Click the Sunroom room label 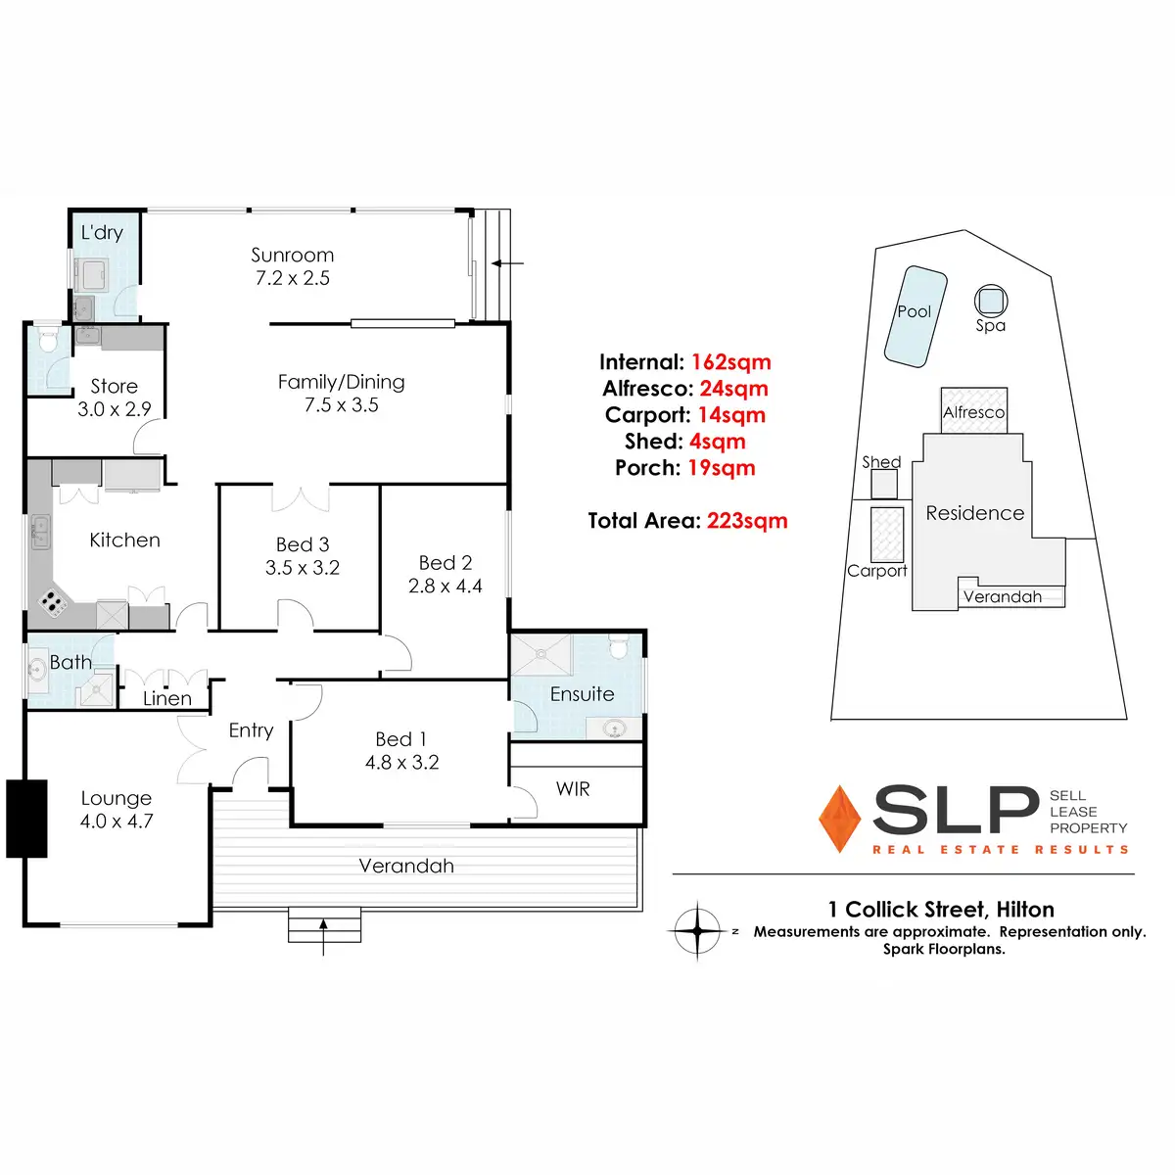click(x=292, y=256)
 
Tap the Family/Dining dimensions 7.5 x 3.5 click(x=341, y=405)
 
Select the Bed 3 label click(x=303, y=544)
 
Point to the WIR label click(x=573, y=788)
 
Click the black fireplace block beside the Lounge click(x=27, y=819)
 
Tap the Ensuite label click(x=582, y=694)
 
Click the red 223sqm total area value click(x=747, y=521)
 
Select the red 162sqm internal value click(x=731, y=362)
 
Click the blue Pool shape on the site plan click(x=916, y=316)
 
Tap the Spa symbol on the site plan click(x=990, y=299)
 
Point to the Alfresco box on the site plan click(x=973, y=410)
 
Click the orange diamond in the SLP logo click(x=839, y=819)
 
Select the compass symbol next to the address click(x=696, y=929)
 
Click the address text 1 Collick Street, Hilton click(x=941, y=910)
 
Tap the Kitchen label click(x=124, y=540)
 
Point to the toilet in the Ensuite click(x=619, y=647)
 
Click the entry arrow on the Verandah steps click(x=324, y=932)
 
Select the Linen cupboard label click(x=167, y=698)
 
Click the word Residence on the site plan click(x=975, y=513)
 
